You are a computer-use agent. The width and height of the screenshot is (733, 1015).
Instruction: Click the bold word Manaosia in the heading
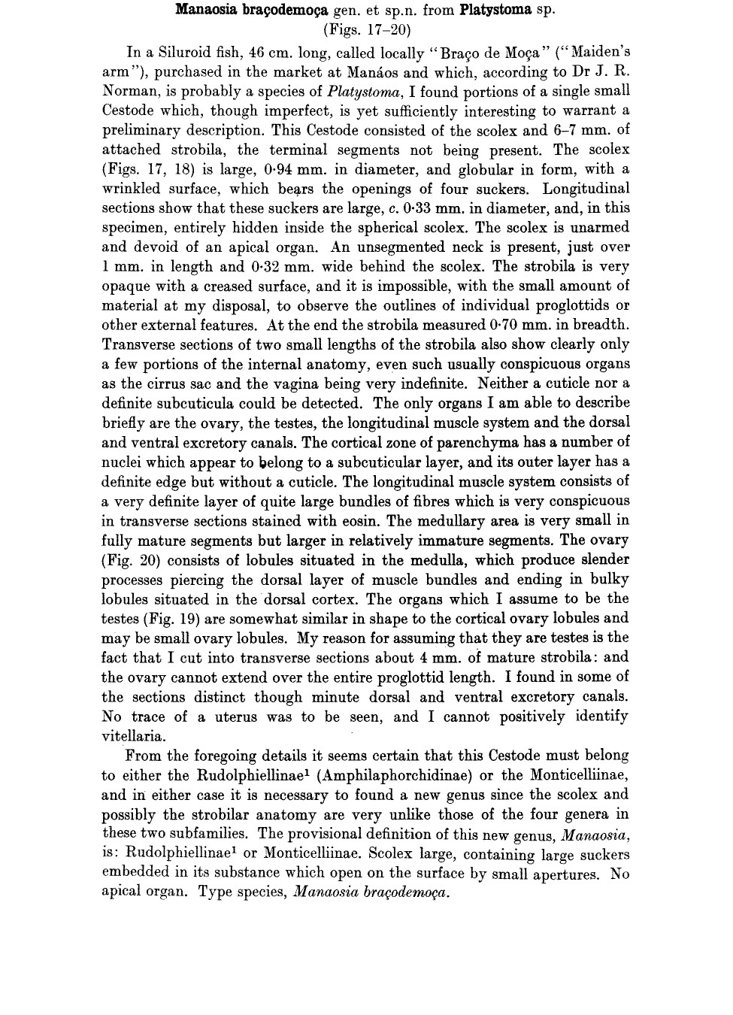click(x=201, y=11)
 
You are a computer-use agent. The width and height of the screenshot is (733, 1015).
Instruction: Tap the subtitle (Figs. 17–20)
click(x=366, y=31)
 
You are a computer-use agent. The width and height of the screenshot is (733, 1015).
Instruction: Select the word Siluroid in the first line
click(x=189, y=53)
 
